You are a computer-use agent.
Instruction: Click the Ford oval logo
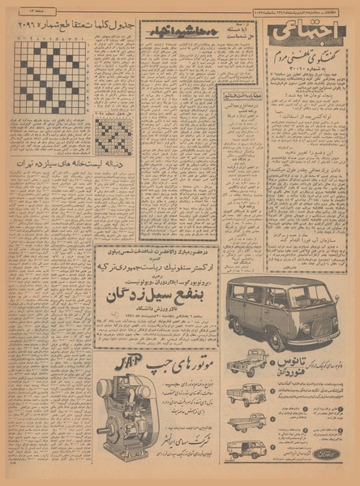click(x=327, y=454)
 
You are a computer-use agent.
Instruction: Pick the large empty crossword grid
click(x=50, y=80)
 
